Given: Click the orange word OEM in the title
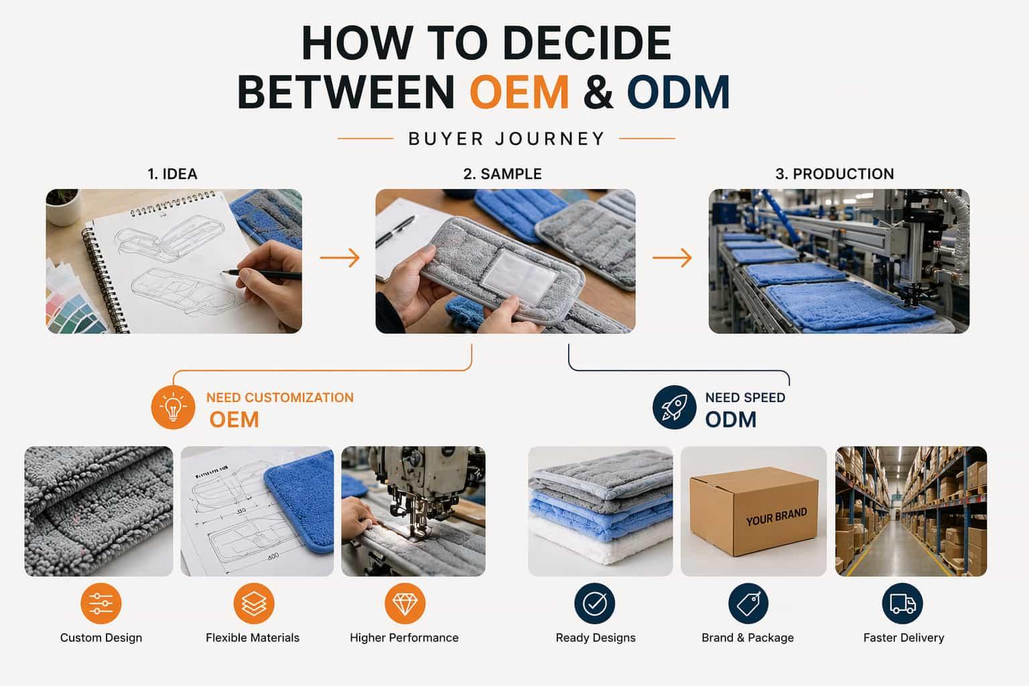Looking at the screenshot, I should [x=519, y=92].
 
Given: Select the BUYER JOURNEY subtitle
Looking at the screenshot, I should [x=506, y=139].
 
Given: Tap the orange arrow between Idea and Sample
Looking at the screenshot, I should [x=339, y=257].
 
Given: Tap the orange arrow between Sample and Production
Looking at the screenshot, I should [x=671, y=257].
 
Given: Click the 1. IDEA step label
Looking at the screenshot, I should [x=172, y=174].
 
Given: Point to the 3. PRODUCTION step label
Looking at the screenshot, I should [x=834, y=174].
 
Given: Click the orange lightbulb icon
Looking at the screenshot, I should [x=174, y=407].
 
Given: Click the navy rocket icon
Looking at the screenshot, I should [x=674, y=407].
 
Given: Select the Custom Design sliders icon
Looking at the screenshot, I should [x=100, y=603].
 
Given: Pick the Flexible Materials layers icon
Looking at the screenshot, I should [x=253, y=603].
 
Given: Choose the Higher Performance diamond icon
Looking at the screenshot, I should [x=405, y=603].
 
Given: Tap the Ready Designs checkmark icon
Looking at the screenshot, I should [x=595, y=603].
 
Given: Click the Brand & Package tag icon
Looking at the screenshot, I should [x=748, y=603].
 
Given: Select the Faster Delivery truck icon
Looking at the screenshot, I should [x=902, y=603].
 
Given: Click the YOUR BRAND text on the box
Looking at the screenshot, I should [x=776, y=517].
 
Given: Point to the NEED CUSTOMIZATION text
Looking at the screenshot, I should [x=279, y=397].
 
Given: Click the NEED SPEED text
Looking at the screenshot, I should [x=745, y=397].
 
